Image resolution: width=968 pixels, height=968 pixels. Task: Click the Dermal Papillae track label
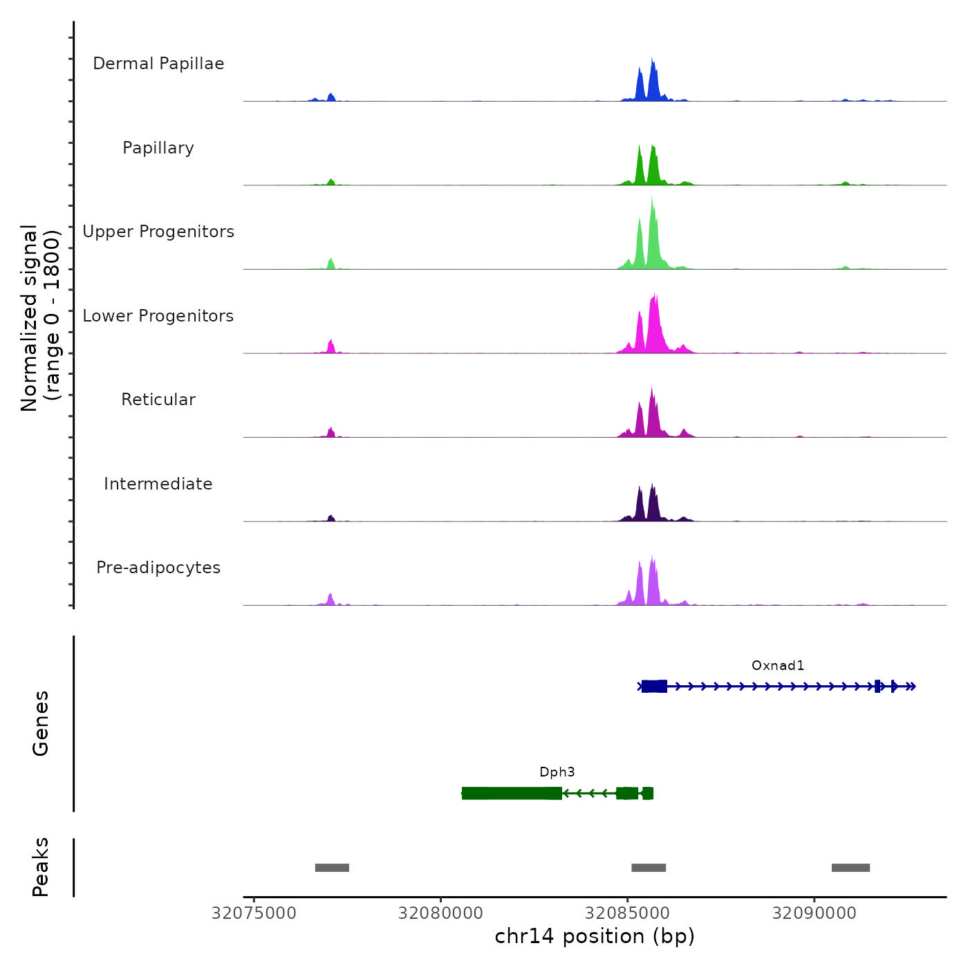158,64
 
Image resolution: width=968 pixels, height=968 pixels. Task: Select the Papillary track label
158,148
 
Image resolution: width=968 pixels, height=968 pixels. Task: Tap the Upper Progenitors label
158,232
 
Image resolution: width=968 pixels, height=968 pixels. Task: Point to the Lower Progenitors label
158,316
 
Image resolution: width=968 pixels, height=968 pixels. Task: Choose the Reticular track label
158,400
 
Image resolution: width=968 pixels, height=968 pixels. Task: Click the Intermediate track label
158,484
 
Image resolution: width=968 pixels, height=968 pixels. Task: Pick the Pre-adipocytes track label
158,568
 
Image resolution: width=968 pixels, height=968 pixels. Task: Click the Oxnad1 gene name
778,666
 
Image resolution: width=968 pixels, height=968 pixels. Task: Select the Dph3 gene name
557,772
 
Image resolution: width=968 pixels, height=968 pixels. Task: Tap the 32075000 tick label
254,913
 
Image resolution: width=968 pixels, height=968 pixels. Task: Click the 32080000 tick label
440,913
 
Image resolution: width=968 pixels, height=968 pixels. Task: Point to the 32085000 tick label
627,913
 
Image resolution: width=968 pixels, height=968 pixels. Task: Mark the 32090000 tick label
814,913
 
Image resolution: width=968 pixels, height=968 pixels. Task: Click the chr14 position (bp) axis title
595,937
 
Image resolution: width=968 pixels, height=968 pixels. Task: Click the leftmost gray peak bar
332,868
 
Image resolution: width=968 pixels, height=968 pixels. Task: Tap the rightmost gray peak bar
850,868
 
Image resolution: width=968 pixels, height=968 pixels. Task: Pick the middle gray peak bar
649,868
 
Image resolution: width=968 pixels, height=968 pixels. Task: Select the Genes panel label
41,723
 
